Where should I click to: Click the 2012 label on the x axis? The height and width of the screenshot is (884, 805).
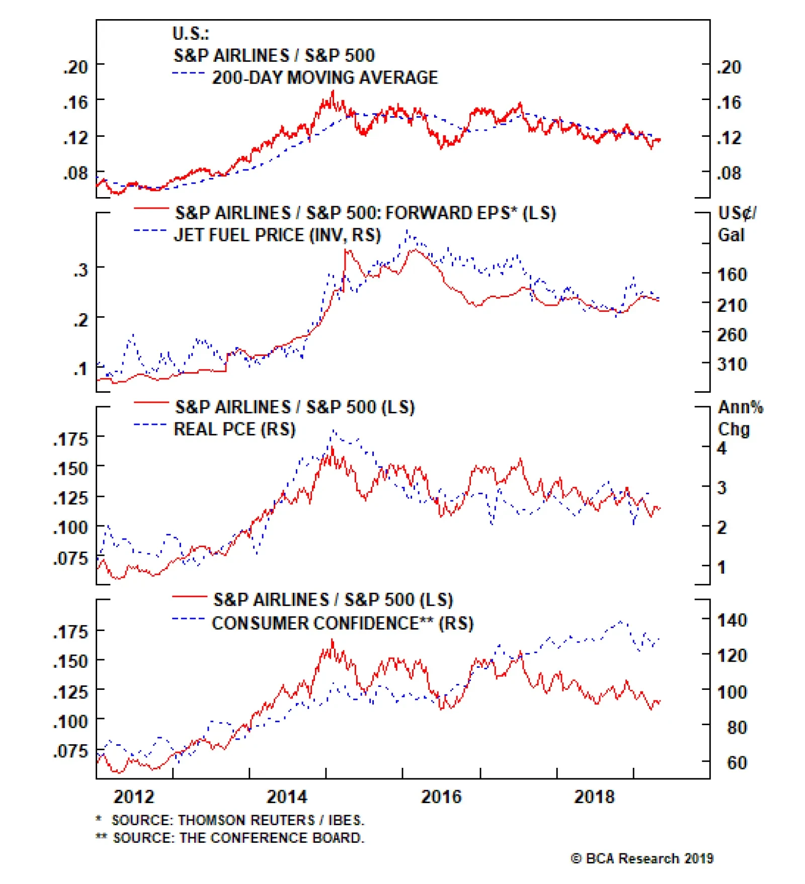tap(134, 797)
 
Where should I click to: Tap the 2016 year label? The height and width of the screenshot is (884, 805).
tap(441, 797)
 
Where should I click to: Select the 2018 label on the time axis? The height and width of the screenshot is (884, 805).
tap(594, 797)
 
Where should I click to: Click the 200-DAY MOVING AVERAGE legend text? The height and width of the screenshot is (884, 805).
tap(325, 78)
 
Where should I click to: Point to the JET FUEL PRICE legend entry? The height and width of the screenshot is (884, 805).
tap(277, 235)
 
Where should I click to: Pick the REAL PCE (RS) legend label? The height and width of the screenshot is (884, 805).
tap(234, 429)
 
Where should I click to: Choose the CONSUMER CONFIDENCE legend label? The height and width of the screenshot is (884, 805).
tap(343, 624)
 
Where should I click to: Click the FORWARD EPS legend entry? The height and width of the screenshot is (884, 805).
tap(365, 213)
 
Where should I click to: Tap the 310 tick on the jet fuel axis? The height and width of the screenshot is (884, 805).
tap(732, 364)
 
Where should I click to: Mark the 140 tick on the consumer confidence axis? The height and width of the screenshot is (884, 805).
tap(732, 621)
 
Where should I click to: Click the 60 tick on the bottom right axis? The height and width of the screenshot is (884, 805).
tap(737, 763)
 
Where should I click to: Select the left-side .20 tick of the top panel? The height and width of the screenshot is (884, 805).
tap(76, 67)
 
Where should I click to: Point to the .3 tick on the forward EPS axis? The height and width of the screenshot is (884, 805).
tap(81, 270)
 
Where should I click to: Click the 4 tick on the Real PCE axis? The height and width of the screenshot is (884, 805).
tap(722, 448)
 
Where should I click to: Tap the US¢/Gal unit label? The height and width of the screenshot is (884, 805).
tap(737, 224)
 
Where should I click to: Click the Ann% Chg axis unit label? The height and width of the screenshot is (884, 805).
tap(740, 418)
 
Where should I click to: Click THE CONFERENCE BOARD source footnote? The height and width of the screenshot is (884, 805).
tap(238, 838)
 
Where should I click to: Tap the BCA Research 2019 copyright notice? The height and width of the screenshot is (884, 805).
tap(642, 859)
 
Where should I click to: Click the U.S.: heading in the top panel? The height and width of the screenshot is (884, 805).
tap(191, 34)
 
